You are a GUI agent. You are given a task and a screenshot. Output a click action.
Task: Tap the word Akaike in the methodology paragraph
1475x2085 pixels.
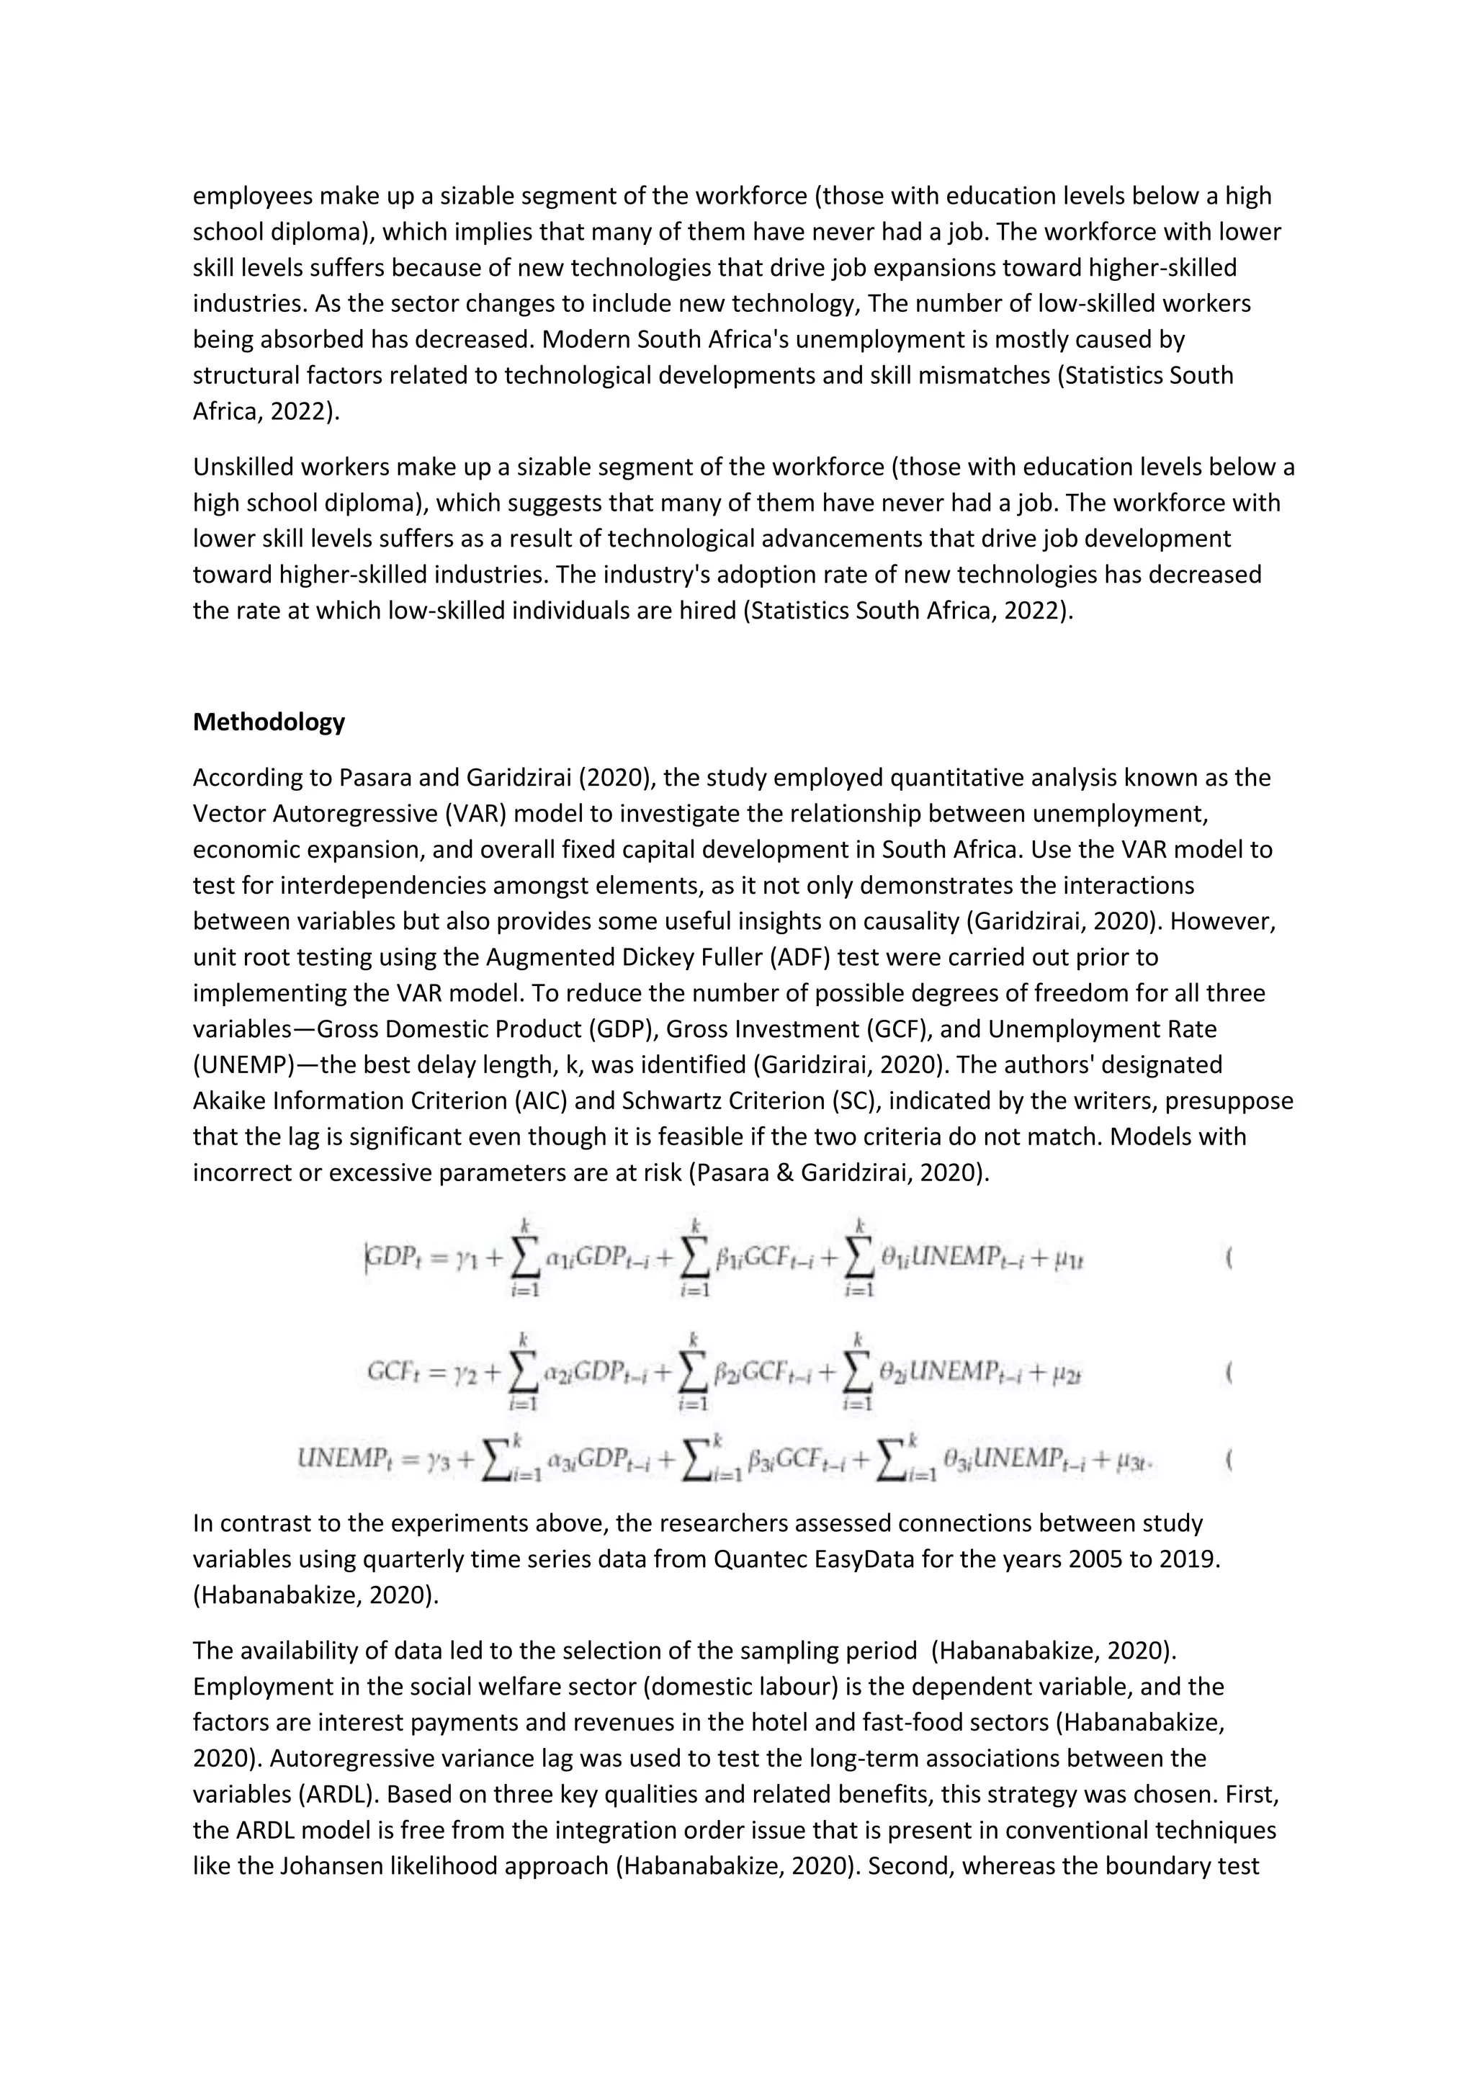233,1100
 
